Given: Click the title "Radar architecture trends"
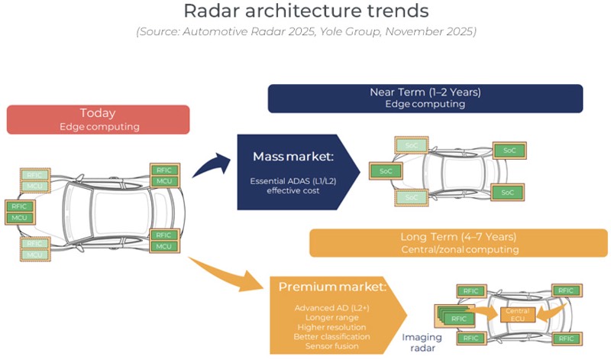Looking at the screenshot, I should pos(305,13).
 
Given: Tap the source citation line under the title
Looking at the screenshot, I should pos(305,32).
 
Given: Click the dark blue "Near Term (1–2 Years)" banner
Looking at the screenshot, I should pos(425,98).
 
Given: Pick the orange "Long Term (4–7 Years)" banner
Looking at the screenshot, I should pos(458,242).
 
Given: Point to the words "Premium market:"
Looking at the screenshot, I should pos(331,287).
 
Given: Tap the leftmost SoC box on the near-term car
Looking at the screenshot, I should pos(386,170).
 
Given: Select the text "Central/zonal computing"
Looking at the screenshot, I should pos(458,250).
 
